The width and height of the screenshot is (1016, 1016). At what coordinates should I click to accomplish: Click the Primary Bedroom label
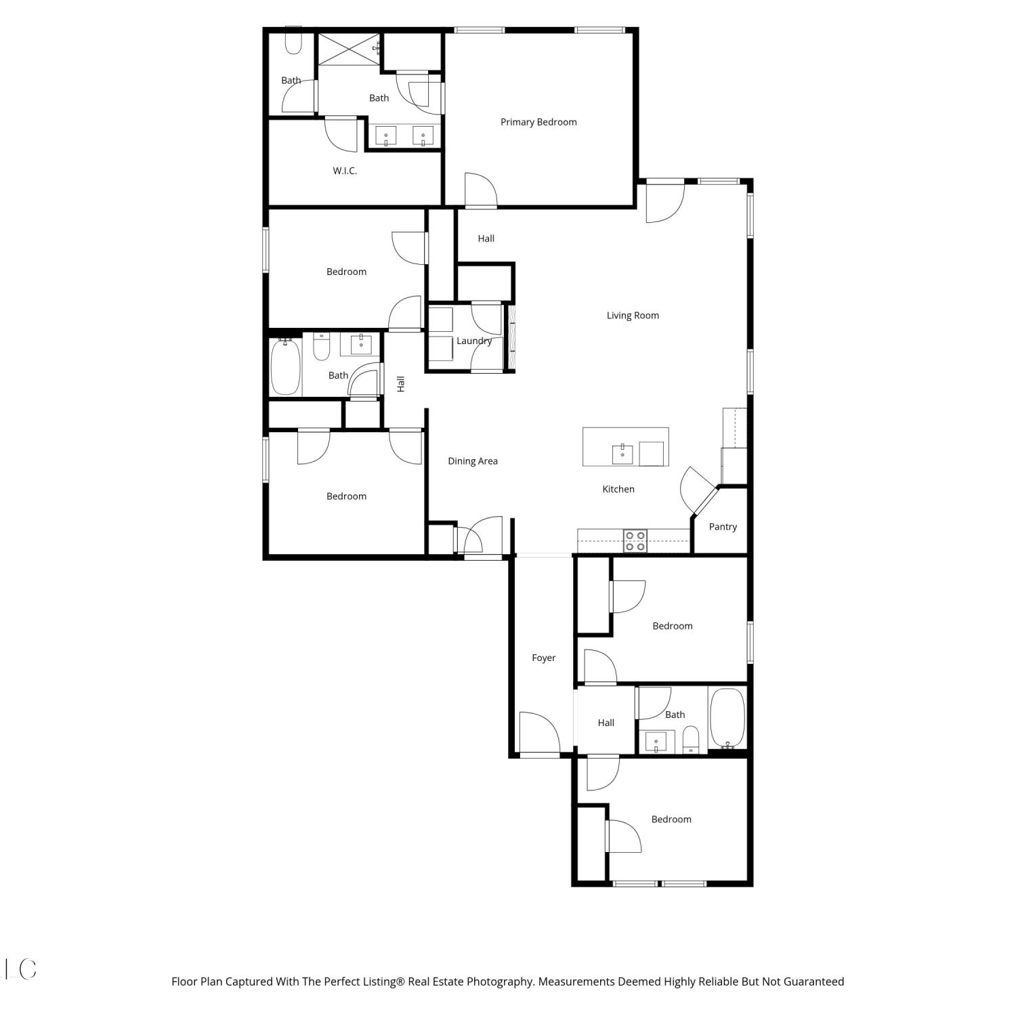538,122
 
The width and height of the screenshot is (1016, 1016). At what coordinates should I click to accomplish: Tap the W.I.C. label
345,171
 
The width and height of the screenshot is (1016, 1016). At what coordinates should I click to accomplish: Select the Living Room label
633,315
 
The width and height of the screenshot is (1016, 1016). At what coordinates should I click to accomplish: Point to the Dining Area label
473,461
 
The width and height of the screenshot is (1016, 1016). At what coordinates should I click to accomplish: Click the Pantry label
723,526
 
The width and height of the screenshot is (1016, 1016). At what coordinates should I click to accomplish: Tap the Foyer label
543,658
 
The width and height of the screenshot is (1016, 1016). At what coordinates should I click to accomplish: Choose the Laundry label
474,341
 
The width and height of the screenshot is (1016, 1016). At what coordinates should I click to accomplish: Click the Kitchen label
618,489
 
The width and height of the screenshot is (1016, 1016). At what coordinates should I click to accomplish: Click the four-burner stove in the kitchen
635,541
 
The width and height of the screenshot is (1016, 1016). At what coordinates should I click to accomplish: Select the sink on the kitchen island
622,454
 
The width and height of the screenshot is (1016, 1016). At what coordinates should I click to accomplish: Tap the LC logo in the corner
20,969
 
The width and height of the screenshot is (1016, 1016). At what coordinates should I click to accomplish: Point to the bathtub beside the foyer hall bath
727,718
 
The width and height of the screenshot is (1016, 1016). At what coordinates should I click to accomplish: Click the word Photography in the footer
499,981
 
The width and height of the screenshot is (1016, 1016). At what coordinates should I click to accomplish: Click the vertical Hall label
400,384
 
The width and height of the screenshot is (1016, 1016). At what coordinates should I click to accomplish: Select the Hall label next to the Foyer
606,723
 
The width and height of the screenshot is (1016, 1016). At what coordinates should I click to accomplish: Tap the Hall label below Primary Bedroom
486,238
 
